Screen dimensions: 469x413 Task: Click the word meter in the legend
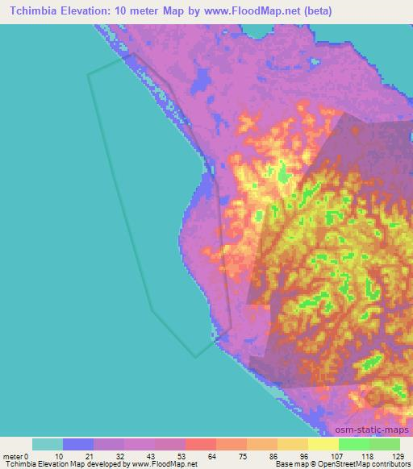pyautogui.click(x=11, y=456)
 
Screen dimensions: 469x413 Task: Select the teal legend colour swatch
pyautogui.click(x=48, y=444)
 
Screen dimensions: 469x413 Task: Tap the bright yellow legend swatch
pyautogui.click(x=323, y=444)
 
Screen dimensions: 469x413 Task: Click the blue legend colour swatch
pyautogui.click(x=78, y=444)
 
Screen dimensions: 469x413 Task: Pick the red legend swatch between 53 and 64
pyautogui.click(x=201, y=444)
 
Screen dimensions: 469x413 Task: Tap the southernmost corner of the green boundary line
pyautogui.click(x=194, y=356)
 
